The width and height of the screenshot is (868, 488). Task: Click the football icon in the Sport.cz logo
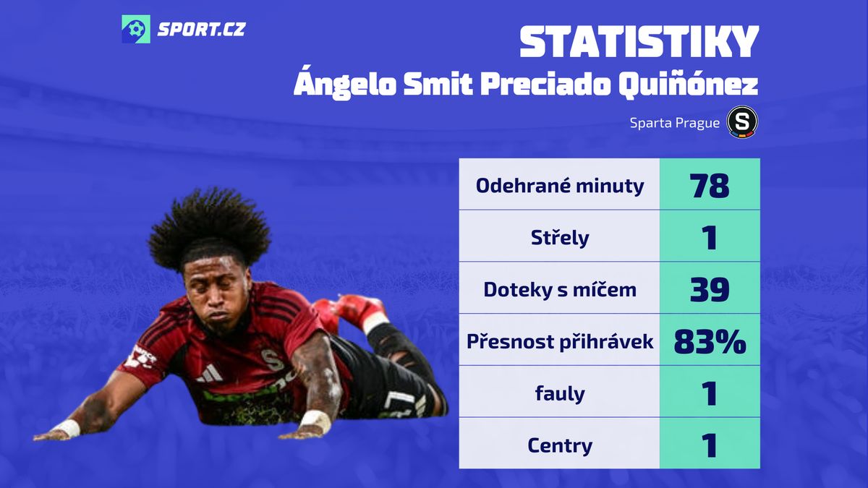[136, 29]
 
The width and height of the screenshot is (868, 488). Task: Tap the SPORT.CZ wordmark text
[201, 30]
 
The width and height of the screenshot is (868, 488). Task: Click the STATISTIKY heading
[639, 42]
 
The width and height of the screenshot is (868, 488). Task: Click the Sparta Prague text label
[674, 123]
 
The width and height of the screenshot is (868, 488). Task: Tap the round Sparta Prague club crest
[742, 122]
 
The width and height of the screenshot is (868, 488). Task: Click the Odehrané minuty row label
[560, 186]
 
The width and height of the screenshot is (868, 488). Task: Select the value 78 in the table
[709, 186]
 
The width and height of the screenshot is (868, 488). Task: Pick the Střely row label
[560, 237]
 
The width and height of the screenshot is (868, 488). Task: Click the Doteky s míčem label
[560, 289]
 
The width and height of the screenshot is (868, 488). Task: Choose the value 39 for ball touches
[710, 289]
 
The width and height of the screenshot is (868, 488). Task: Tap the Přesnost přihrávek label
[560, 341]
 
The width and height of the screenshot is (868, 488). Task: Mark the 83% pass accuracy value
[710, 341]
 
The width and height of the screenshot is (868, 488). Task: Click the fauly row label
[560, 393]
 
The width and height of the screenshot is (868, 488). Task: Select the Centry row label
[560, 445]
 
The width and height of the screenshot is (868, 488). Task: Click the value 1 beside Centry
[710, 445]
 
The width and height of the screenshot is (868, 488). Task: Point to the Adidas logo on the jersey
[209, 373]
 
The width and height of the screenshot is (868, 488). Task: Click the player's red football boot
[350, 312]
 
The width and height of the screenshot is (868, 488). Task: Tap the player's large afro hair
[209, 228]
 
